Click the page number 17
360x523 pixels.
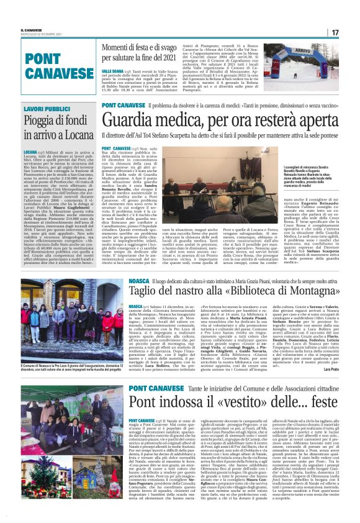tap(335, 32)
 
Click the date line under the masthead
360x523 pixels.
tap(37, 33)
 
